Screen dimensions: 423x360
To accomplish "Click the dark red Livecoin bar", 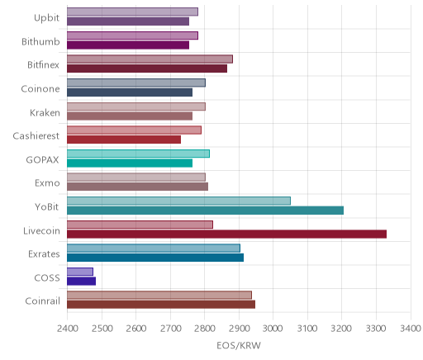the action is tap(226, 234).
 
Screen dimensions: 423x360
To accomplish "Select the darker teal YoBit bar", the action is tap(205, 211).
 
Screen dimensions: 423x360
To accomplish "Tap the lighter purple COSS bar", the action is tap(80, 272).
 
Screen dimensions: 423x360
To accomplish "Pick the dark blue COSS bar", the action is tap(81, 282).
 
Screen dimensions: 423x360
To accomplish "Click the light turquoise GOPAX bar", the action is tap(138, 154).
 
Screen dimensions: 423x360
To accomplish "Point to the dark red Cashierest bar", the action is tap(124, 140).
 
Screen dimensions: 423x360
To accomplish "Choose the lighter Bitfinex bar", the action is tap(150, 59).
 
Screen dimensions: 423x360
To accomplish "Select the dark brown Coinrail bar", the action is tap(161, 305).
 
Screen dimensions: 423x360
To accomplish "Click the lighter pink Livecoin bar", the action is tap(140, 225).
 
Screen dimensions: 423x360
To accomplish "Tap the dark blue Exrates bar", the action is tap(155, 258).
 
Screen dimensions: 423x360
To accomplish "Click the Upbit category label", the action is tap(46, 18).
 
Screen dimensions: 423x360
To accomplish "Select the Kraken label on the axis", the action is tap(45, 112).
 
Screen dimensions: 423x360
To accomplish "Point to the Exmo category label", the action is tap(47, 183).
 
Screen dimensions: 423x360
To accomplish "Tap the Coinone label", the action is tap(40, 89).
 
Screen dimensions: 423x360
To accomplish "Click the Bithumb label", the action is tap(40, 41).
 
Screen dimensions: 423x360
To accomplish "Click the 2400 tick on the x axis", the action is tap(67, 329).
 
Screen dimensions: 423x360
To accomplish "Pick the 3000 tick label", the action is tap(273, 329).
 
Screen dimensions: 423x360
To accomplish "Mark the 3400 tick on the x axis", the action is tap(411, 329).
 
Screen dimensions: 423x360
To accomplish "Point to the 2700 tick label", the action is tap(170, 329).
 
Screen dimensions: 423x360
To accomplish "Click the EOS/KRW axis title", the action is tap(239, 345).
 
